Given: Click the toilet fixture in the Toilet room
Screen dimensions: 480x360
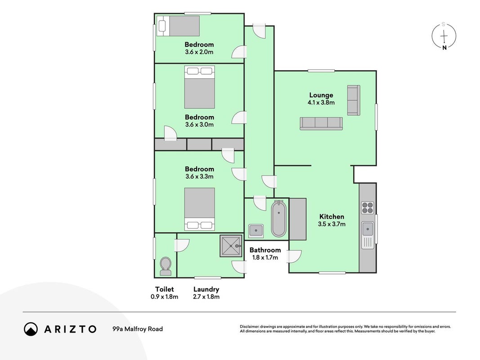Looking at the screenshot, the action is coord(166,266).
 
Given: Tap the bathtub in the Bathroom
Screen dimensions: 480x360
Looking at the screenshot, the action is coord(278,219).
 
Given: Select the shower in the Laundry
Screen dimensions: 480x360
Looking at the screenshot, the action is coord(231,246).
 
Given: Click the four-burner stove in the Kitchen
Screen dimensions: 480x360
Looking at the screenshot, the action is coord(368,207).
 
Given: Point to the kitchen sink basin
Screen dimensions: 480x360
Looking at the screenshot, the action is coord(368,229).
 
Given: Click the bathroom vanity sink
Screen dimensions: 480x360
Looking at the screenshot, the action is coord(256,231).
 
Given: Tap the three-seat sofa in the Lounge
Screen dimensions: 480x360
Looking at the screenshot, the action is coord(321,124).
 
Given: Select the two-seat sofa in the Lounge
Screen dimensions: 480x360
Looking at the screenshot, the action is coord(354,100).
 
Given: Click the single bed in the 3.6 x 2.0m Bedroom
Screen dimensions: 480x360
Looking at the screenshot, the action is coord(178,26).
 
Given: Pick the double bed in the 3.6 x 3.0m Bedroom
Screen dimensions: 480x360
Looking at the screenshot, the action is coord(199,87).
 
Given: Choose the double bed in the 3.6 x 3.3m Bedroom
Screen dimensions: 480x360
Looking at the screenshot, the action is coord(199,209).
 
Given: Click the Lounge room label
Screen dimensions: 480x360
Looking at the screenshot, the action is coord(321,95).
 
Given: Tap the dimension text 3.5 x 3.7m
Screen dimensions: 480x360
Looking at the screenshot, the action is coord(332,224).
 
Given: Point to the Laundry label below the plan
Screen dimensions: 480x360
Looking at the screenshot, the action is coord(206,289).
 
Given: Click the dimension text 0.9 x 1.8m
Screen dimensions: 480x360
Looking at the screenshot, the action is coord(164,297).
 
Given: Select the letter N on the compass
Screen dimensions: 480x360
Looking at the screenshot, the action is coord(444,47).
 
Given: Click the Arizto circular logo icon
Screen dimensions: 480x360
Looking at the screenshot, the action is coord(31,329).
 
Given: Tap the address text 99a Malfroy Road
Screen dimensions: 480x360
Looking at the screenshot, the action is coord(138,329).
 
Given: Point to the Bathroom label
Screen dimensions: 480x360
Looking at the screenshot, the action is coord(265,250).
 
